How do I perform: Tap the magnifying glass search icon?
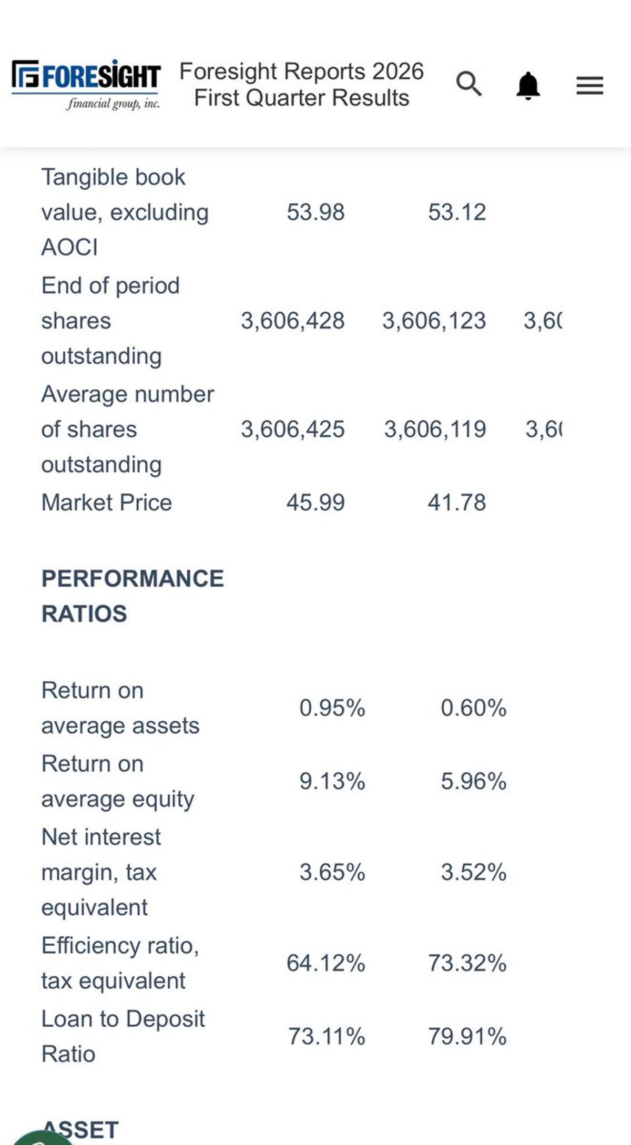click(468, 84)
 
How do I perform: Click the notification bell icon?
click(528, 85)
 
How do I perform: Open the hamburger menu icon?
click(589, 85)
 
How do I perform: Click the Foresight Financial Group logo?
click(86, 84)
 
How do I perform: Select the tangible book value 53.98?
click(315, 212)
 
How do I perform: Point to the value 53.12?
click(456, 212)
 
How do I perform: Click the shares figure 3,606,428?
click(293, 321)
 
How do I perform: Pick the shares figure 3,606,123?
click(434, 321)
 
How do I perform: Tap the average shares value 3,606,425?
click(293, 430)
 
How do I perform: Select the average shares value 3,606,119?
click(435, 430)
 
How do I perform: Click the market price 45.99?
click(315, 503)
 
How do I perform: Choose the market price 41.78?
click(456, 503)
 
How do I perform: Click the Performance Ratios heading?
click(133, 596)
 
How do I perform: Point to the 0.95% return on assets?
click(332, 708)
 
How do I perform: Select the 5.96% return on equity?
click(473, 781)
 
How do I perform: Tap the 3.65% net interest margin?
click(332, 873)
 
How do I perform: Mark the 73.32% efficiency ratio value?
click(467, 963)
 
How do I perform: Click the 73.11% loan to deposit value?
click(326, 1037)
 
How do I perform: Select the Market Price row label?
click(107, 503)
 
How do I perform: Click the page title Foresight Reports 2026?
click(301, 71)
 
